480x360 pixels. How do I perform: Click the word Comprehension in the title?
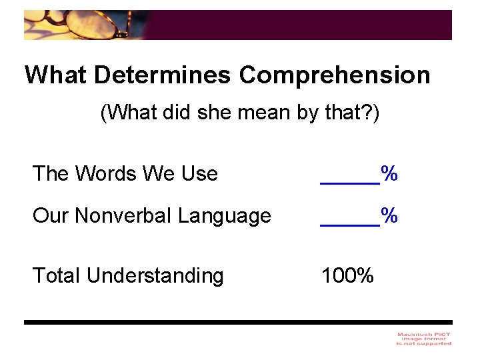click(x=335, y=75)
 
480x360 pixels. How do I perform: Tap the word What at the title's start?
click(x=56, y=75)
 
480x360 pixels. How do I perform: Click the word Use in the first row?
click(x=199, y=174)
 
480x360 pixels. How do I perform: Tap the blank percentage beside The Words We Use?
click(x=359, y=175)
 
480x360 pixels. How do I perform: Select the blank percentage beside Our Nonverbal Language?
click(x=359, y=216)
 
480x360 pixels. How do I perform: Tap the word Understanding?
click(x=155, y=275)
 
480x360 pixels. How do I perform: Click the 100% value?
click(x=347, y=275)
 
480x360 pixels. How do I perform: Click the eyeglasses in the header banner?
click(x=100, y=25)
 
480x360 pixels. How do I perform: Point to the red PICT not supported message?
click(x=424, y=338)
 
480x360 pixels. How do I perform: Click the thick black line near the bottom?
click(x=238, y=322)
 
